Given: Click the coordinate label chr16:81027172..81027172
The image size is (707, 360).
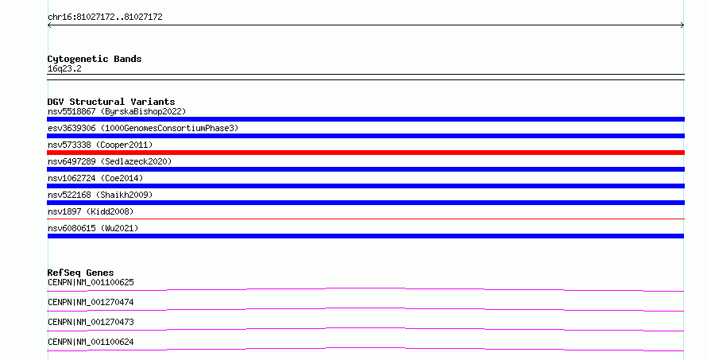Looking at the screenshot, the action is (x=105, y=17).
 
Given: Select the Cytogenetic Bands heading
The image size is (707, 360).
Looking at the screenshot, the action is (x=95, y=59).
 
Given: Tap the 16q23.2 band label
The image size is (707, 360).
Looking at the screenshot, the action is (x=64, y=69).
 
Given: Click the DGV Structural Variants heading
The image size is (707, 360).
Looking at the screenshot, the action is (x=111, y=102).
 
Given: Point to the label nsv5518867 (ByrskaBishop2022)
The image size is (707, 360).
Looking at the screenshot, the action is (x=117, y=111).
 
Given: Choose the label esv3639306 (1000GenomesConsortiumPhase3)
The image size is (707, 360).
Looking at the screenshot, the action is (x=143, y=128).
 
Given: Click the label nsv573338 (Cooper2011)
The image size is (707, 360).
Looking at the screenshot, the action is (x=100, y=145).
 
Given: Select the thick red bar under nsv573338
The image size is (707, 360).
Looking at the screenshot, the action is (x=365, y=153).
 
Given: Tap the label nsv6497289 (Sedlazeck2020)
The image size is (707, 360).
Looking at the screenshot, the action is (x=110, y=161).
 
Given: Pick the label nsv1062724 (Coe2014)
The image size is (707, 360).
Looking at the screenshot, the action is (x=95, y=178).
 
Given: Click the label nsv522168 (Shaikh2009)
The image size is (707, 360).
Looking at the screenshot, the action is (x=100, y=195).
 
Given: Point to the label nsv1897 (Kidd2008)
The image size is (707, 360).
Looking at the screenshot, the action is (x=91, y=211).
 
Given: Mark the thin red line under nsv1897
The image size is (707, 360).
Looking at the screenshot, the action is (x=365, y=219).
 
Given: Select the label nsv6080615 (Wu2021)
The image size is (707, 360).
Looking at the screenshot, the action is (x=93, y=228).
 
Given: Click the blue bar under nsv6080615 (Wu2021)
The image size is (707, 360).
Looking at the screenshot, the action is (x=365, y=236).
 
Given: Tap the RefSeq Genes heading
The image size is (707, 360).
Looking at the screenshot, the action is (x=80, y=273).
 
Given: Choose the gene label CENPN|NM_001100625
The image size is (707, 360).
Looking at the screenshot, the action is (x=91, y=282).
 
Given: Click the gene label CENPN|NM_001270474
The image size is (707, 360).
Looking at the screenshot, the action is (x=91, y=302).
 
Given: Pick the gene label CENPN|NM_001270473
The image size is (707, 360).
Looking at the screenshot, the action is (x=91, y=322).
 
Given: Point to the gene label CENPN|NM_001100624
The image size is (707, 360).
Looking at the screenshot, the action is (x=91, y=342).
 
